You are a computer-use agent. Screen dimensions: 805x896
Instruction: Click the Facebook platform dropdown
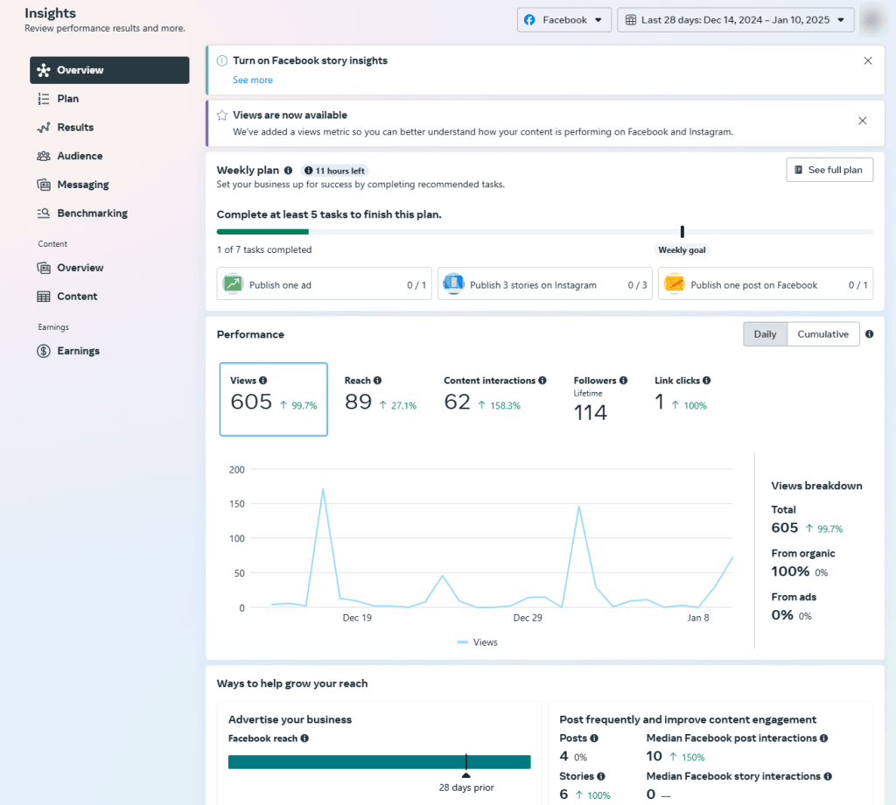[x=563, y=20]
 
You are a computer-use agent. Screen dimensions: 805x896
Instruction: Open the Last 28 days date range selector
[x=735, y=20]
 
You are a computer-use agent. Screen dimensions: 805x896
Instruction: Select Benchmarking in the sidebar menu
[x=92, y=213]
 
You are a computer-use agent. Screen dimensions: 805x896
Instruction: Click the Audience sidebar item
[x=80, y=156]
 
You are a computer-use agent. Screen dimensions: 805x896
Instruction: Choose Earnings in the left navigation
[x=78, y=351]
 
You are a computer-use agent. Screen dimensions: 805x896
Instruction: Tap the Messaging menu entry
[x=83, y=185]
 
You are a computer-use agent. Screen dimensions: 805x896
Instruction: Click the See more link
[x=252, y=80]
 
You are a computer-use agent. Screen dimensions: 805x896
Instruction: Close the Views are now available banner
[x=862, y=121]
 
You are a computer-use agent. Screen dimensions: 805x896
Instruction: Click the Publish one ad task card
[x=324, y=284]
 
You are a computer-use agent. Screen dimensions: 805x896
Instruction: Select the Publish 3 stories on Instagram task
[x=544, y=284]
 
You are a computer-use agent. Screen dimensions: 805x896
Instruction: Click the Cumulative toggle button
[x=822, y=334]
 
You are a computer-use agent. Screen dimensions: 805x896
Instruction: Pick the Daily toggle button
[x=765, y=334]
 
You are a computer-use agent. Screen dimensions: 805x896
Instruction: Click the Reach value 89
[x=358, y=402]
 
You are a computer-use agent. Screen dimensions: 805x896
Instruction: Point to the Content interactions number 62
[x=457, y=402]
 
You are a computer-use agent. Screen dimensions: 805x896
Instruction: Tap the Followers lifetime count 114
[x=591, y=413]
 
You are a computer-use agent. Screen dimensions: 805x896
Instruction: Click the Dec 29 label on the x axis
[x=527, y=618]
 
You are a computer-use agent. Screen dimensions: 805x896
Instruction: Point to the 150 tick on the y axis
[x=235, y=504]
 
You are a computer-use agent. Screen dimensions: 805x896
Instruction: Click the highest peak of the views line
[x=324, y=489]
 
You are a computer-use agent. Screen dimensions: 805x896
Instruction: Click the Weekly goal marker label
[x=682, y=250]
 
